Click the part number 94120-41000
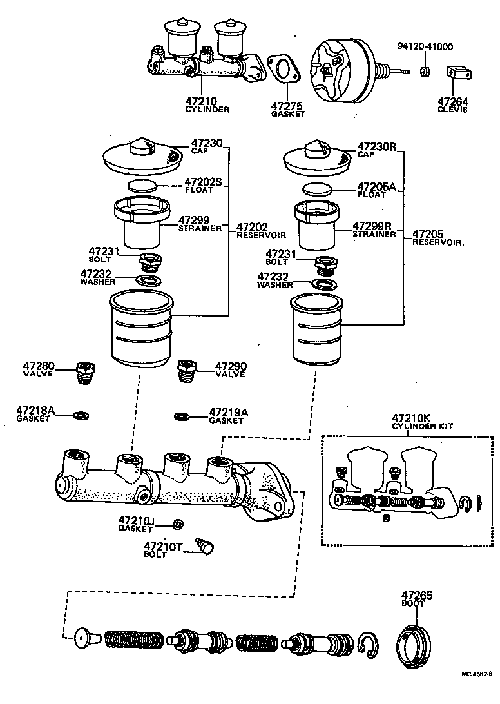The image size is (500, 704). [425, 46]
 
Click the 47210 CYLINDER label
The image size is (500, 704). [207, 104]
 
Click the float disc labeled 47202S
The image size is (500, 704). [142, 186]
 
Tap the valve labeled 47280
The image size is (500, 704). [84, 372]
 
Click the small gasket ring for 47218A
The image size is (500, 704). [81, 415]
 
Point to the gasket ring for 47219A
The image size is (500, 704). [182, 416]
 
